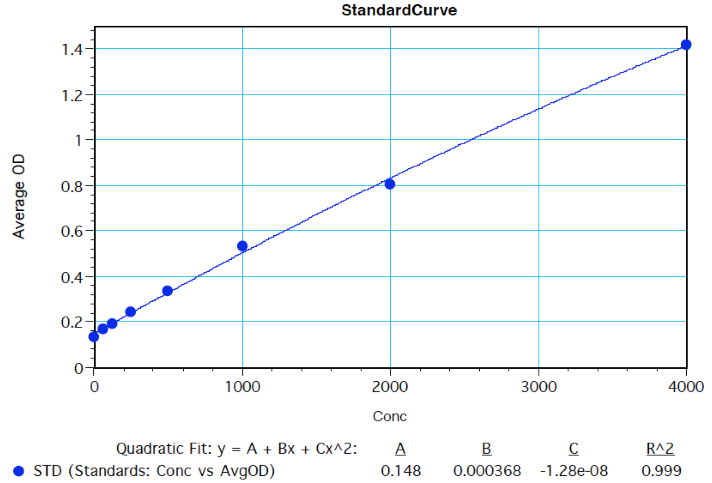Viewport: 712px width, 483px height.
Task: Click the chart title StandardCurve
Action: (399, 10)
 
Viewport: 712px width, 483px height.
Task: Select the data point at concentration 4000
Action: (686, 45)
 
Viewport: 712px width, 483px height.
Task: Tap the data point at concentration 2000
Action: (389, 184)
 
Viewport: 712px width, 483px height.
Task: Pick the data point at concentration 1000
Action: (242, 246)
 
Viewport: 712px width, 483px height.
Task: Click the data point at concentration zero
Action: (94, 337)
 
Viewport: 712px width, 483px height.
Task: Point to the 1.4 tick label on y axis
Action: (72, 49)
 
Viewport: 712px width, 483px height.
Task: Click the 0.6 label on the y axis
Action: (72, 231)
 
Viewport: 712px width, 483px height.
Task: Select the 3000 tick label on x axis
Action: (539, 387)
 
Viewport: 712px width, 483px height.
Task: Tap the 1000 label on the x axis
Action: (242, 387)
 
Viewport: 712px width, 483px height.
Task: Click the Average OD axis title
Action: (18, 196)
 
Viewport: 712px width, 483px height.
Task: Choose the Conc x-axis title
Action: (389, 416)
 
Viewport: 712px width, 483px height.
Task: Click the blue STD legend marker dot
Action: (19, 471)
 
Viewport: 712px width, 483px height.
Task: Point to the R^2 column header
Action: (660, 449)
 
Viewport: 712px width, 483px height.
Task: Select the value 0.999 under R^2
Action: (661, 471)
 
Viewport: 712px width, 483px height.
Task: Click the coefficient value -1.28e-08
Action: (574, 471)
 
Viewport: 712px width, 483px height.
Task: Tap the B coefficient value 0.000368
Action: (487, 471)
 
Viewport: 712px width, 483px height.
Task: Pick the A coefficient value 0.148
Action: (401, 471)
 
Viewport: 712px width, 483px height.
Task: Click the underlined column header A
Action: (400, 449)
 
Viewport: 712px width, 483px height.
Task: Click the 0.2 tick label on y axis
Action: (72, 322)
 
